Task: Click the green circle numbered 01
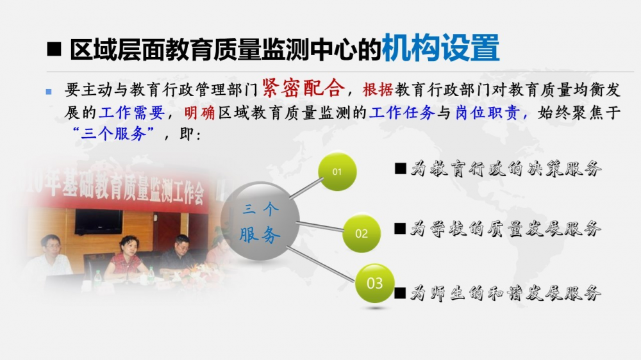coord(337,172)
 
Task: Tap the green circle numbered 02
coord(362,233)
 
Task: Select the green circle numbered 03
coord(374,283)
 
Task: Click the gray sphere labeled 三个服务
coord(260,221)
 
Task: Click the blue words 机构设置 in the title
coord(440,48)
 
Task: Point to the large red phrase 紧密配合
coord(303,88)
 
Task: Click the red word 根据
coord(378,90)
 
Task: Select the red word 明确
coord(199,112)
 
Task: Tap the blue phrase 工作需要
coord(131,112)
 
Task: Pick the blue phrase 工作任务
coord(401,112)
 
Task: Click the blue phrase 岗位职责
coord(487,112)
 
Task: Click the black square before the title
coord(54,49)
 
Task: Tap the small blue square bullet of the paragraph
coord(49,92)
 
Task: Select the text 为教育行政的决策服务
coord(506,168)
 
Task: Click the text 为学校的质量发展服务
coord(506,229)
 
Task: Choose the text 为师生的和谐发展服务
coord(506,293)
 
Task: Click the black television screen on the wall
coord(99,222)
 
